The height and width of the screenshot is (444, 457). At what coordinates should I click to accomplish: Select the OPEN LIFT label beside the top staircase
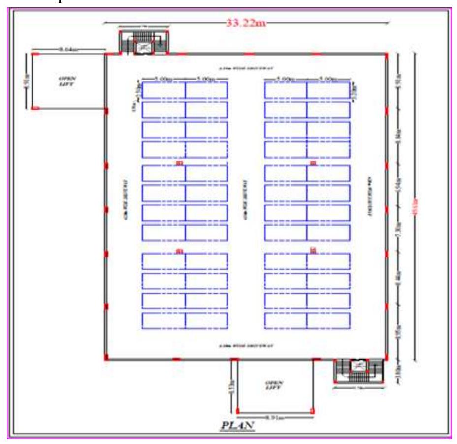point(66,81)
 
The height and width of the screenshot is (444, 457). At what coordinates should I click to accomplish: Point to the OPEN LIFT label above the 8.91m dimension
point(274,385)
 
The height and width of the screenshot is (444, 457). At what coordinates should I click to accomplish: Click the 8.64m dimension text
point(69,49)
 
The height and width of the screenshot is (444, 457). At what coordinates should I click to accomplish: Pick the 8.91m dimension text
point(274,418)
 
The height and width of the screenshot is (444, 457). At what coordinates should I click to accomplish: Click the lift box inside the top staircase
point(144,47)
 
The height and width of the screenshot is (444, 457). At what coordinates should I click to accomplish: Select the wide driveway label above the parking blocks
point(246,68)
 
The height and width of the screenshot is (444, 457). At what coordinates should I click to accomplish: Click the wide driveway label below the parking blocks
point(246,346)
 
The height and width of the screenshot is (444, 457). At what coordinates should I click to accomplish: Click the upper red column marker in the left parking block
point(179,162)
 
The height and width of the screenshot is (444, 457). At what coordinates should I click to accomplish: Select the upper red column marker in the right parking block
point(312,162)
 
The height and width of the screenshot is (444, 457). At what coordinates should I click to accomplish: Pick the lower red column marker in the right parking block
point(312,251)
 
